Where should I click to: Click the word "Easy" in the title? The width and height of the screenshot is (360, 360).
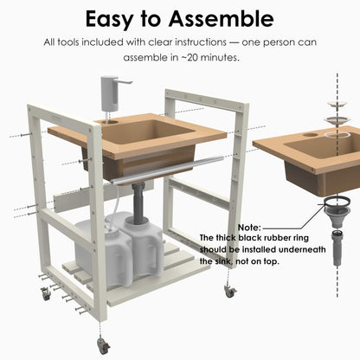pyautogui.click(x=109, y=19)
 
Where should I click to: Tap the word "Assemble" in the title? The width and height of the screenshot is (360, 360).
pyautogui.click(x=222, y=19)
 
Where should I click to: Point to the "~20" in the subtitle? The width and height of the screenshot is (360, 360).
pyautogui.click(x=190, y=57)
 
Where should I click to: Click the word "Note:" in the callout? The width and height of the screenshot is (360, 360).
pyautogui.click(x=249, y=228)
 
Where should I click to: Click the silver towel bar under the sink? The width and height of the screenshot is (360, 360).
pyautogui.click(x=167, y=170)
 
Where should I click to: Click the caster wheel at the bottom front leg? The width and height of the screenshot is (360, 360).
pyautogui.click(x=103, y=345)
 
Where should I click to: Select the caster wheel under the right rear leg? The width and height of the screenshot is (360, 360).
pyautogui.click(x=230, y=292)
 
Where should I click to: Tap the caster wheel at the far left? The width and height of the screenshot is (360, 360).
pyautogui.click(x=46, y=293)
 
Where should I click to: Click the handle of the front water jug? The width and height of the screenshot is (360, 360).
pyautogui.click(x=158, y=254)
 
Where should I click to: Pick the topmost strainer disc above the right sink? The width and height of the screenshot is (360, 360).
pyautogui.click(x=337, y=104)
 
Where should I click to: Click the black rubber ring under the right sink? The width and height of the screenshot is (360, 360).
pyautogui.click(x=337, y=200)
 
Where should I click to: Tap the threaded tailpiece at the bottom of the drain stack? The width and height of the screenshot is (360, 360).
pyautogui.click(x=337, y=247)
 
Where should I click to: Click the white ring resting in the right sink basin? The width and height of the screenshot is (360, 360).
pyautogui.click(x=337, y=135)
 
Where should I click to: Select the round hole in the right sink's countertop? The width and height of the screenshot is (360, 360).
pyautogui.click(x=310, y=134)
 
